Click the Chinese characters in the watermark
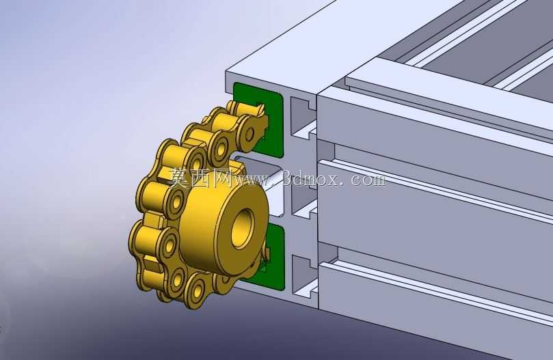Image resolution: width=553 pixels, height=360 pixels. click(200, 177)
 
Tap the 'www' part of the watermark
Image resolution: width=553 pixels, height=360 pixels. click(256, 180)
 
